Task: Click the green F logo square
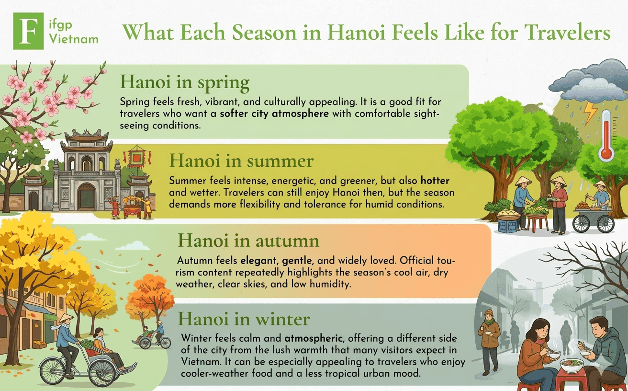[28, 31]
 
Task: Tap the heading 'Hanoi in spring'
[184, 82]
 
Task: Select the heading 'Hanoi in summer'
[241, 161]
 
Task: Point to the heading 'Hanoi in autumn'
[248, 241]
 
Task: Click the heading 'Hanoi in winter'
[244, 319]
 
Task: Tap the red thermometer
[606, 135]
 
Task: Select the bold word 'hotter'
[435, 181]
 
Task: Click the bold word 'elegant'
[258, 261]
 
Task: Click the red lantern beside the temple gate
[137, 159]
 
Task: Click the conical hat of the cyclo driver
[66, 318]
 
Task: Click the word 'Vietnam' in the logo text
[74, 39]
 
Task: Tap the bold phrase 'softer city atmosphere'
[274, 114]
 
